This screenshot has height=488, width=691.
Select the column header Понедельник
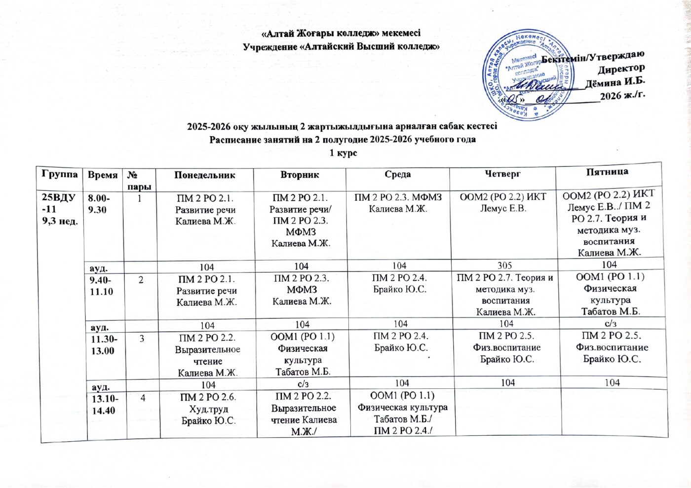point(204,175)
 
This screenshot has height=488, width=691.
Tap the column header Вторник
point(300,175)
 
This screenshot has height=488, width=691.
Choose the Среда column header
point(398,174)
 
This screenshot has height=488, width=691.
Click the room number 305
point(504,265)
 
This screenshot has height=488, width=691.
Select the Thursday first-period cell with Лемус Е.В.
point(503,202)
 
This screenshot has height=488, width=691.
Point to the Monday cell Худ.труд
point(208,410)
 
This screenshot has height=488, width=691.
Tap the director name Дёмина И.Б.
point(615,82)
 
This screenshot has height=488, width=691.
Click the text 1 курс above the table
point(343,153)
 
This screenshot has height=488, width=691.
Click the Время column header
point(103,175)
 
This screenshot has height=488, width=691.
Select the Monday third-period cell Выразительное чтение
point(208,355)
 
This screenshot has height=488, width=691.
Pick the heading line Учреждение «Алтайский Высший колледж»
point(342,47)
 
